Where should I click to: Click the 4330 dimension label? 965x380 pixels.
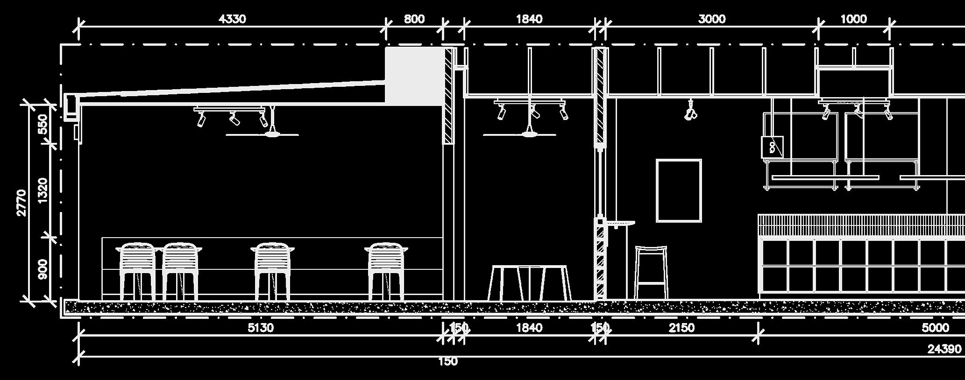click(232, 19)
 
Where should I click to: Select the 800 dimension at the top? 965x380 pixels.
click(414, 19)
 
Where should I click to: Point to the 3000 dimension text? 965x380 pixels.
click(711, 19)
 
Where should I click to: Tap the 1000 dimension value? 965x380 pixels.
click(853, 19)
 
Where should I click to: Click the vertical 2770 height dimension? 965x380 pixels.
click(21, 203)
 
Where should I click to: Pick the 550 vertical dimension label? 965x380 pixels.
click(43, 124)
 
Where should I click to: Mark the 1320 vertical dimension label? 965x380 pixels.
click(43, 190)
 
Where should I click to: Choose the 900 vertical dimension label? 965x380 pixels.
click(43, 269)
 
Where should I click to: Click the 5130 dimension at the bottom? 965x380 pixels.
click(260, 328)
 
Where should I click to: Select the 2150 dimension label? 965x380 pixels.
click(681, 328)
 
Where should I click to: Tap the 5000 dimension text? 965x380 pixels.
click(935, 328)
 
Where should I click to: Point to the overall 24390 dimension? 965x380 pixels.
click(944, 349)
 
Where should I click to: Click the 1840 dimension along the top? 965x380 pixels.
click(529, 19)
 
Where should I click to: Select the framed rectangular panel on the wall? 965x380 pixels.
click(679, 190)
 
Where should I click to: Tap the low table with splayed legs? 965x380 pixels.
click(529, 282)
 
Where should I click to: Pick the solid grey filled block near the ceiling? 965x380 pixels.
click(414, 76)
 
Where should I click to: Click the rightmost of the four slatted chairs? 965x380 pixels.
click(386, 271)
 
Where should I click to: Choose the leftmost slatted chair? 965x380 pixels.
click(137, 271)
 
